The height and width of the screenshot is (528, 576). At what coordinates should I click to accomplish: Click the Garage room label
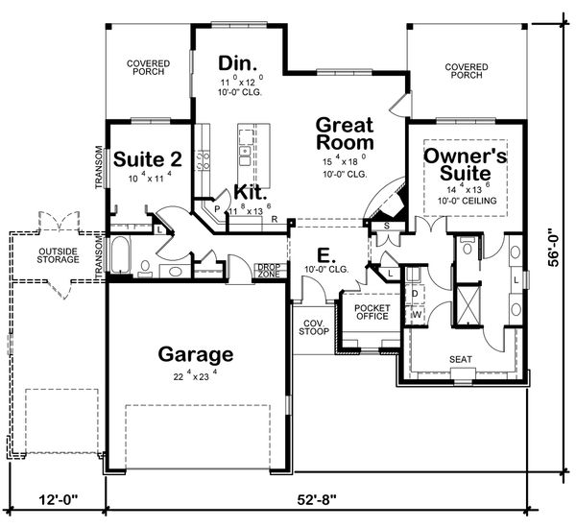pos(197,354)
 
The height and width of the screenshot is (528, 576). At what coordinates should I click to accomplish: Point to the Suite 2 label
pos(142,159)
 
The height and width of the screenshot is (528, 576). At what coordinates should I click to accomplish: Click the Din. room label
pos(235,63)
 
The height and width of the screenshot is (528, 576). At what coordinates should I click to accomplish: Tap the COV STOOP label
pos(311,326)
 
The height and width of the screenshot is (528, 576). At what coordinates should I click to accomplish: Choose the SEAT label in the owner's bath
pos(461,360)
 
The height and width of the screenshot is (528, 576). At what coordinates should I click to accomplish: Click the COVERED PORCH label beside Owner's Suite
pos(468,71)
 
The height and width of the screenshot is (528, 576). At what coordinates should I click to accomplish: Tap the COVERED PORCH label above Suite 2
pos(149,67)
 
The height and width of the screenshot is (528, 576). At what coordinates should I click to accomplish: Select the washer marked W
pos(417,313)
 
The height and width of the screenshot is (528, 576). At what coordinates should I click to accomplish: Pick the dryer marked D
pos(416,293)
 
